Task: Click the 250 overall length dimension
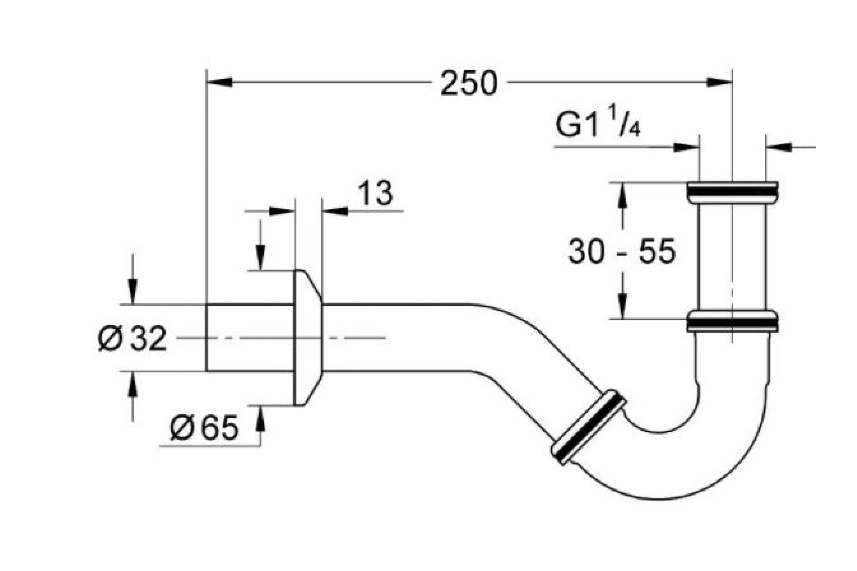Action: coord(468,83)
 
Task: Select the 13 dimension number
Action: coord(376,193)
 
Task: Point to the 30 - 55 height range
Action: coord(622,251)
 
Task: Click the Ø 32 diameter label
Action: coord(132,338)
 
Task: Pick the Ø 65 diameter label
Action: coord(204,428)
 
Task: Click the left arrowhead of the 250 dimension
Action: coord(219,82)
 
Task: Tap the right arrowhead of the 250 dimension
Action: coord(719,82)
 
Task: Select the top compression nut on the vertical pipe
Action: coord(732,192)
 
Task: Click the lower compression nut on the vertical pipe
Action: coord(732,321)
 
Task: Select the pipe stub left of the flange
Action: coord(250,338)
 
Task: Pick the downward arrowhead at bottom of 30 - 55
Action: coord(623,306)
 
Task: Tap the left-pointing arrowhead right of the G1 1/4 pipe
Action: coord(779,147)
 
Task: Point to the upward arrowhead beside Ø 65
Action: coord(260,418)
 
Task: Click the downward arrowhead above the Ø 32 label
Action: coord(132,291)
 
